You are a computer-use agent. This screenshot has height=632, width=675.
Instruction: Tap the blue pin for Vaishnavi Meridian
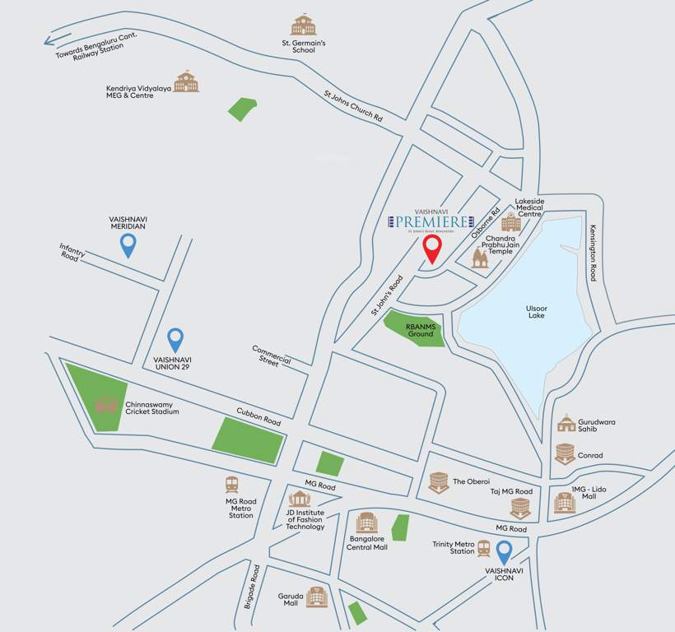coord(128,244)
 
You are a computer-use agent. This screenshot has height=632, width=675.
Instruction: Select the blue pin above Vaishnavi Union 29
coord(175,339)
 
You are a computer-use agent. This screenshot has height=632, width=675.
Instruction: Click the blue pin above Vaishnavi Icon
coord(504,551)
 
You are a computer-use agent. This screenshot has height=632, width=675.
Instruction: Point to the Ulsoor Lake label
coord(536,310)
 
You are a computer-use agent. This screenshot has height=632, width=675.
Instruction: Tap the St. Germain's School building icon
coord(303,26)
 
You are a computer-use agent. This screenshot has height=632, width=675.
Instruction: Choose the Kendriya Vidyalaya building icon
coord(186,81)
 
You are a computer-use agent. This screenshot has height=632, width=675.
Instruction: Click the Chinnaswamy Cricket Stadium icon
coord(106,405)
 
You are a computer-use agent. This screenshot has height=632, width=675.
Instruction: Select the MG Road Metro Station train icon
coord(233,486)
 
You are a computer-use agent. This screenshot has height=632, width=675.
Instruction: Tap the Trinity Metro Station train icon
coord(484,548)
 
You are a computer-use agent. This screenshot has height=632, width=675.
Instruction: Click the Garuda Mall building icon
coord(317,597)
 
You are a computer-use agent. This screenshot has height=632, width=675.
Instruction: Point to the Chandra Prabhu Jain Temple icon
coord(480,259)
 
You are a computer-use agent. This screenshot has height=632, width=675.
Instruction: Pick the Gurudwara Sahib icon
coord(566,423)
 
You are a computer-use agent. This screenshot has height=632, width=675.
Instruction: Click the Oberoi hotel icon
coord(439,482)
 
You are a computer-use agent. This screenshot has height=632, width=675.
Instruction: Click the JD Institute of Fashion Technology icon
coord(300,499)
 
